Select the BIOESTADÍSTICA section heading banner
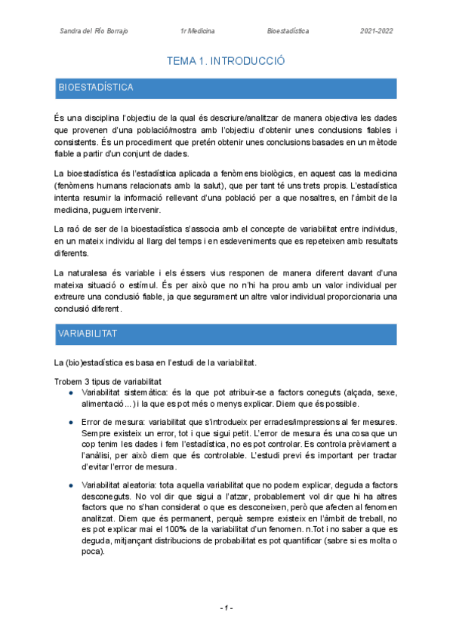tap(226, 88)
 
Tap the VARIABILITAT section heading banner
tap(226, 333)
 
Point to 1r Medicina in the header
tap(197, 31)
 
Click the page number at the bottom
tap(226, 608)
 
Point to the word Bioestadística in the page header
tap(288, 31)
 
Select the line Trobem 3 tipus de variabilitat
tap(107, 382)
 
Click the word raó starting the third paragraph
tap(75, 228)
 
